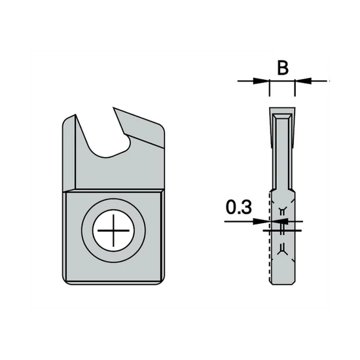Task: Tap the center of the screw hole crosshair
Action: click(113, 232)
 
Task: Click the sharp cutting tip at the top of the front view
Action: click(118, 107)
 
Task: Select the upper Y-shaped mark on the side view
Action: click(282, 210)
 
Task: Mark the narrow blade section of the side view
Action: click(282, 151)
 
